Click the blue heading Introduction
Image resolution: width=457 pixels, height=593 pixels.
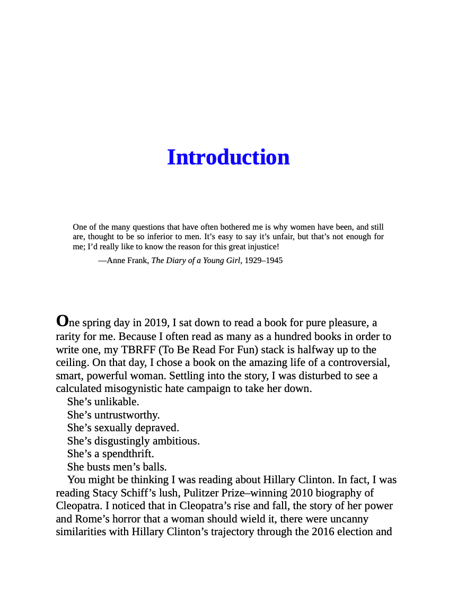tap(228, 158)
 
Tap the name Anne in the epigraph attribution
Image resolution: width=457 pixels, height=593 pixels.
tap(116, 260)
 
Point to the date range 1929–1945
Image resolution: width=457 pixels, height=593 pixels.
tap(264, 260)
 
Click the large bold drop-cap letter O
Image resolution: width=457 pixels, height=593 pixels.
tap(62, 321)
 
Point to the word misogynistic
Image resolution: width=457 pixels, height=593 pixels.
tap(137, 389)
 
